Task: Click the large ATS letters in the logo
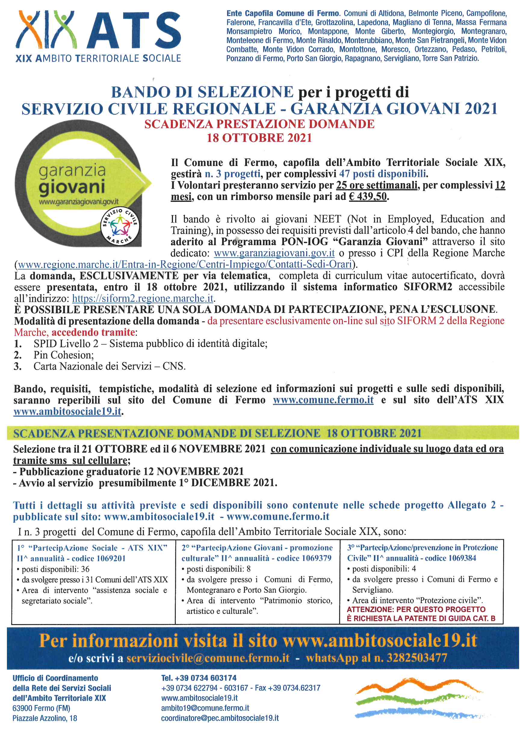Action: (x=133, y=30)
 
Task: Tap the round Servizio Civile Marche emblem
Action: (x=120, y=227)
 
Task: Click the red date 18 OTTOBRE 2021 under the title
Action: (x=259, y=138)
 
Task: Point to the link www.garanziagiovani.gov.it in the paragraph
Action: (x=274, y=253)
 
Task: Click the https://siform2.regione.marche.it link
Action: (x=143, y=298)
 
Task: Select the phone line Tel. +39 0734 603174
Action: (x=199, y=678)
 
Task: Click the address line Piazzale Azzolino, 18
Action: (x=45, y=718)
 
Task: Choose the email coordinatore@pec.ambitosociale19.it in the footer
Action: (x=220, y=718)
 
